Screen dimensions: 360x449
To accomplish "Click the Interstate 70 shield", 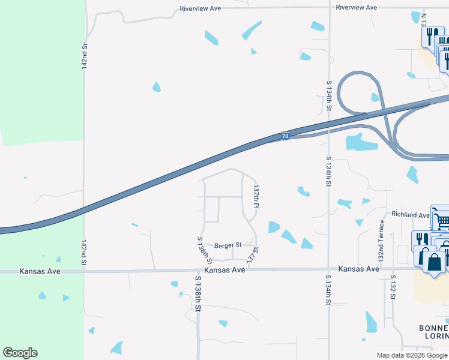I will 286,137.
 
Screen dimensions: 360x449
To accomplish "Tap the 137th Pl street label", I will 256,196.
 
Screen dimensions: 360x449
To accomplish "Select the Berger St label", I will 228,245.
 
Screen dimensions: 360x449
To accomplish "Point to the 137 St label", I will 253,254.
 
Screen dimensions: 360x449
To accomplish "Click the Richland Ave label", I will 411,214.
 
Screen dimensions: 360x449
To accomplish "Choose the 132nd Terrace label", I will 381,240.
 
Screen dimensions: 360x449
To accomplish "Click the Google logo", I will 20,353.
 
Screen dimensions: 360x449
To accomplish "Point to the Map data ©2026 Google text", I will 411,355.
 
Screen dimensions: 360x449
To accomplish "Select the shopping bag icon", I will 433,262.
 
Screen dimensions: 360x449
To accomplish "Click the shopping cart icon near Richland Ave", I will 441,220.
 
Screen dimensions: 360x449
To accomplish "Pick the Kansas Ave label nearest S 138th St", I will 224,270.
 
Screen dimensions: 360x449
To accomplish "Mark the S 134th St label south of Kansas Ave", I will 328,290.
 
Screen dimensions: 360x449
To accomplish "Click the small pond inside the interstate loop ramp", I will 375,97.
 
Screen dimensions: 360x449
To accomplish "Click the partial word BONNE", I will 433,328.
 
